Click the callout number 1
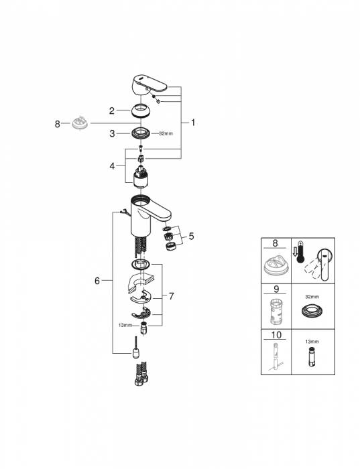(x=193, y=123)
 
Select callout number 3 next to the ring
(x=113, y=133)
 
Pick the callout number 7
(x=172, y=295)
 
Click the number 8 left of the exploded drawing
(x=58, y=123)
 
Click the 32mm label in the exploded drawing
(x=165, y=133)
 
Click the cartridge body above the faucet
(x=141, y=178)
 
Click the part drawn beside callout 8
(x=80, y=125)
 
